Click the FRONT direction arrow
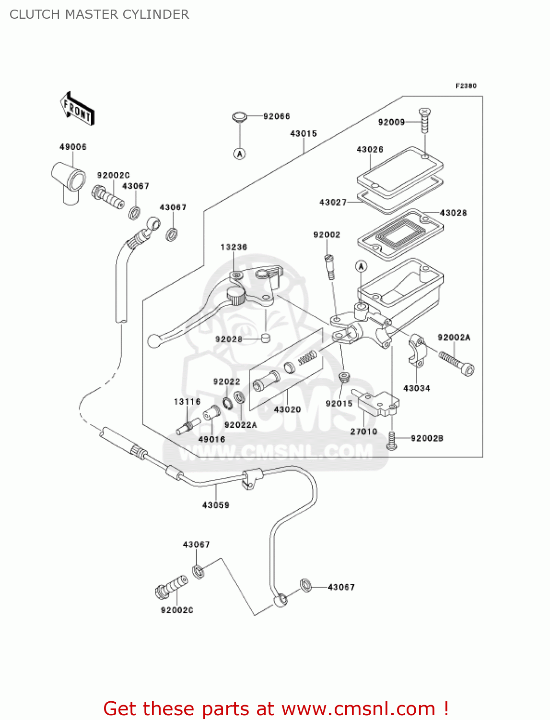(x=77, y=109)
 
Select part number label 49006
(x=73, y=147)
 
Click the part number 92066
(x=277, y=116)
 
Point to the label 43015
(x=304, y=133)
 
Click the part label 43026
(x=370, y=149)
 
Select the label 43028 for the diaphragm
(x=453, y=213)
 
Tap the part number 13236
(x=234, y=247)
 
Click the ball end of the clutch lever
(x=153, y=341)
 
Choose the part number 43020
(x=287, y=409)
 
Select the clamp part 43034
(x=417, y=353)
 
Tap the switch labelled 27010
(x=377, y=403)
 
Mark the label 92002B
(x=427, y=438)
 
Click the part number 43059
(x=216, y=505)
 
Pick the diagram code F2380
(x=466, y=86)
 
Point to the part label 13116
(x=187, y=402)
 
